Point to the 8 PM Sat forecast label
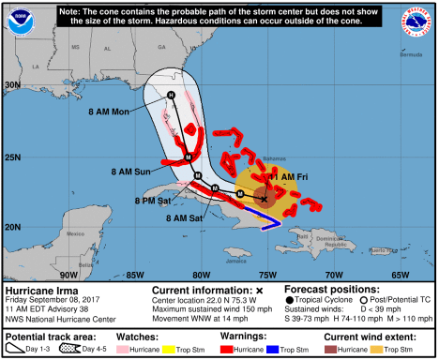[x=154, y=200]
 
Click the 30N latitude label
[x=13, y=85]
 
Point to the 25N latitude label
[x=13, y=157]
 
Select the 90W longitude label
[x=68, y=275]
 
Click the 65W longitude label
[x=401, y=275]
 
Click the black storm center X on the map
[x=265, y=199]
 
